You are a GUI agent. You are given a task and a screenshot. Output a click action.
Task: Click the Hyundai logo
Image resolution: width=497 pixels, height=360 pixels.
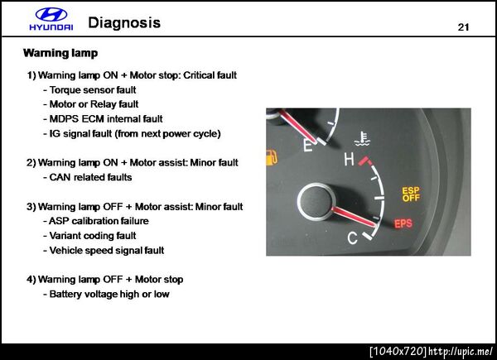[x=51, y=19]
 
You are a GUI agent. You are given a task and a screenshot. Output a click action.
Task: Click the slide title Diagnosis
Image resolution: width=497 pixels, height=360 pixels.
[x=124, y=23]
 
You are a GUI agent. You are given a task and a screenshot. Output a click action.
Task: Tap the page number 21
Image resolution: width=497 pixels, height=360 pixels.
[x=463, y=27]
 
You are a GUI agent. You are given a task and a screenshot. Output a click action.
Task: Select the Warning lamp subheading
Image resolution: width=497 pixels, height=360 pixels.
[x=60, y=53]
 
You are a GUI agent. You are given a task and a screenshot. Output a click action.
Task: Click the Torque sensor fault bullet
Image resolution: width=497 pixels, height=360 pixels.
[x=89, y=90]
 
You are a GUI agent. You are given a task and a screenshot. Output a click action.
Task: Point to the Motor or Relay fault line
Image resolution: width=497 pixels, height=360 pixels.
[x=91, y=104]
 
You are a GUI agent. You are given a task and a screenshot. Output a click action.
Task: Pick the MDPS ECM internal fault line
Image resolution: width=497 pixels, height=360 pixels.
[x=103, y=118]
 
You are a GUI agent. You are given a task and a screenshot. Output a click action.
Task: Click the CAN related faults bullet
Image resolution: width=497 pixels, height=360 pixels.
[x=88, y=177]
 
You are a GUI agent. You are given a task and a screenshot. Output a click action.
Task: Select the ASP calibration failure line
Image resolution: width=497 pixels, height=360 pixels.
[x=96, y=221]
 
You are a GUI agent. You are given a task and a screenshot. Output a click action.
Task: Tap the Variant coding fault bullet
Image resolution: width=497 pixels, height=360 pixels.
[x=89, y=236]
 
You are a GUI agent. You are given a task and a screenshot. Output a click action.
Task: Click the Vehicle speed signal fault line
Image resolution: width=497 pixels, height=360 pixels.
[x=104, y=250]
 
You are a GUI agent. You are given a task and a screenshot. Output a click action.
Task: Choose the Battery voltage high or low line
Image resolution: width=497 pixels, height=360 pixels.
[x=106, y=294]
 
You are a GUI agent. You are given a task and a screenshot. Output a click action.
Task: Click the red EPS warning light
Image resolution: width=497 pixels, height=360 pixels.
[x=403, y=223]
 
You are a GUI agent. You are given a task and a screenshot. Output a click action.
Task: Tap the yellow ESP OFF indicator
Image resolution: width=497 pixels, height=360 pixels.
[x=411, y=194]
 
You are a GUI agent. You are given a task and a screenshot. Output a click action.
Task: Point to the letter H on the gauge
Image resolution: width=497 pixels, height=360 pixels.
[x=349, y=159]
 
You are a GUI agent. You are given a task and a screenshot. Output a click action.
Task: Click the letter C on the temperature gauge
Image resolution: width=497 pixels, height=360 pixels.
[x=353, y=238]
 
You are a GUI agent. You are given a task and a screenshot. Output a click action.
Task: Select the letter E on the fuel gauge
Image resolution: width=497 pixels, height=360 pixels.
[x=307, y=146]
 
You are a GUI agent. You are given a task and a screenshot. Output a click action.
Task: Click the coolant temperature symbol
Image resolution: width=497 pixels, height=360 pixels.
[x=362, y=139]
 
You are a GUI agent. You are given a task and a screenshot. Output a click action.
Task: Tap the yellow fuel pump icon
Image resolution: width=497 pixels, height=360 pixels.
[x=271, y=157]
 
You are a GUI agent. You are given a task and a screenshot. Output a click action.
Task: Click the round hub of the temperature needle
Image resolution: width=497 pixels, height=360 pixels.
[x=316, y=201]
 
